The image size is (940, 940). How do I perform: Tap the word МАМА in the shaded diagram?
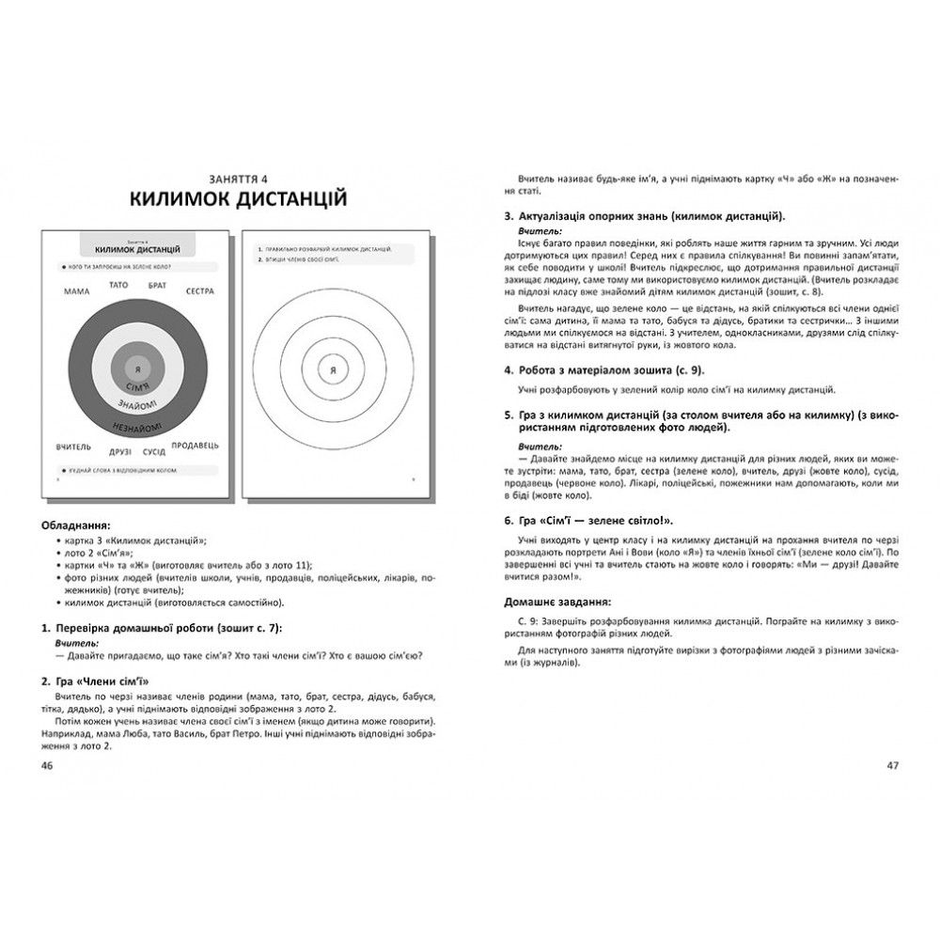pos(75,292)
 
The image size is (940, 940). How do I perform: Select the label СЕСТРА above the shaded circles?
pos(201,291)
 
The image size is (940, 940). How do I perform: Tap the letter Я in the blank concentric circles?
pos(333,371)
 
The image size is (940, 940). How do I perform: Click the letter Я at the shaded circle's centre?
pos(138,368)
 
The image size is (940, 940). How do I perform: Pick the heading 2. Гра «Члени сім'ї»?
pos(98,680)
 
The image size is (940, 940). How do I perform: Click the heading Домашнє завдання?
pos(559,601)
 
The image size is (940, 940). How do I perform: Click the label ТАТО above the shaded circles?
pos(118,284)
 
